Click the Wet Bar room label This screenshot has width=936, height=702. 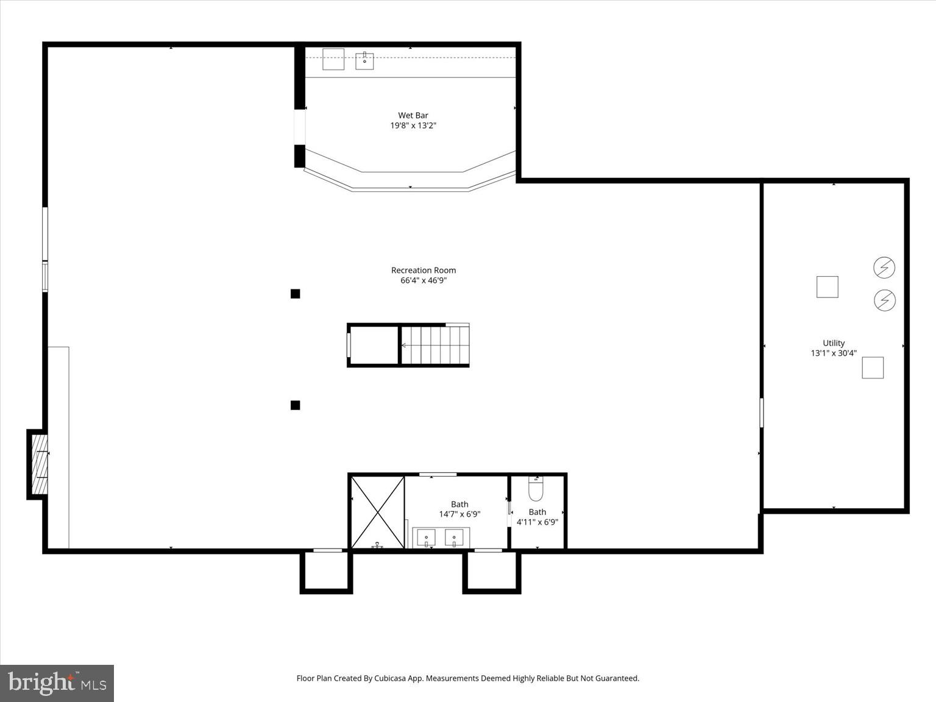[x=413, y=115]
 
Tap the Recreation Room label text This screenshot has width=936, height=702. [x=424, y=270]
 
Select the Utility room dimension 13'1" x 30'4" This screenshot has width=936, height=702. [x=834, y=353]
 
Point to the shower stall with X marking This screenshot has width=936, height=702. [x=378, y=512]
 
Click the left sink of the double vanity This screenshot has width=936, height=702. [x=426, y=538]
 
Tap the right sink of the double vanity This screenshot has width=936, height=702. [x=454, y=538]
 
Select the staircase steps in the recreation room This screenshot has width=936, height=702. [x=435, y=346]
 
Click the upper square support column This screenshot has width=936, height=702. [x=296, y=294]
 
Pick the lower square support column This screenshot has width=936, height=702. [x=296, y=405]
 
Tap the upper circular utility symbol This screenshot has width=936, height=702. [x=884, y=268]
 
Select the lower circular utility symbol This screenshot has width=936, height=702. [x=884, y=300]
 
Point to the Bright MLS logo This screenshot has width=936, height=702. [x=57, y=683]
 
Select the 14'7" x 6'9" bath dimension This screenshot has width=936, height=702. [x=459, y=514]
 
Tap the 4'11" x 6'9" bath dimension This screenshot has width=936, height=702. [x=537, y=522]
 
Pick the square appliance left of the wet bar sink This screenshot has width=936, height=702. [x=333, y=59]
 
